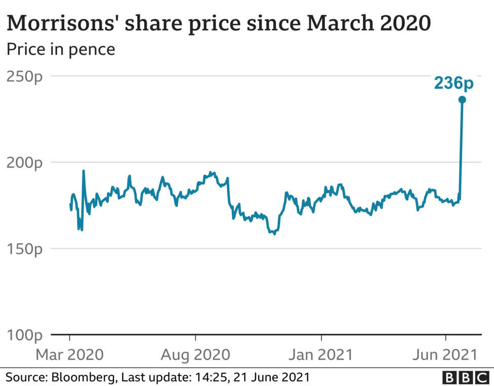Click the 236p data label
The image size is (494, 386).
[454, 83]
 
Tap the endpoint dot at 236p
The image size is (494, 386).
[462, 100]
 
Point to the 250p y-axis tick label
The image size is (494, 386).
[25, 76]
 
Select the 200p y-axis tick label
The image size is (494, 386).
[25, 163]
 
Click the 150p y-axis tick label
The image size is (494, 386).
[25, 249]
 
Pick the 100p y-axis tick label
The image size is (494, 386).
[25, 335]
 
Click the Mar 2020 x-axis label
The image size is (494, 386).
[69, 354]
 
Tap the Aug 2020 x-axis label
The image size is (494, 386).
[195, 354]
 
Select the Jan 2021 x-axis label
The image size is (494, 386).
[321, 354]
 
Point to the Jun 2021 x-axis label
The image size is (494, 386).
[446, 354]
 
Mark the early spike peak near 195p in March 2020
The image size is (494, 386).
[84, 171]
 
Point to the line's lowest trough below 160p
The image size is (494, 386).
[274, 234]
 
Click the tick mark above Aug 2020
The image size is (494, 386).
[195, 337]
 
